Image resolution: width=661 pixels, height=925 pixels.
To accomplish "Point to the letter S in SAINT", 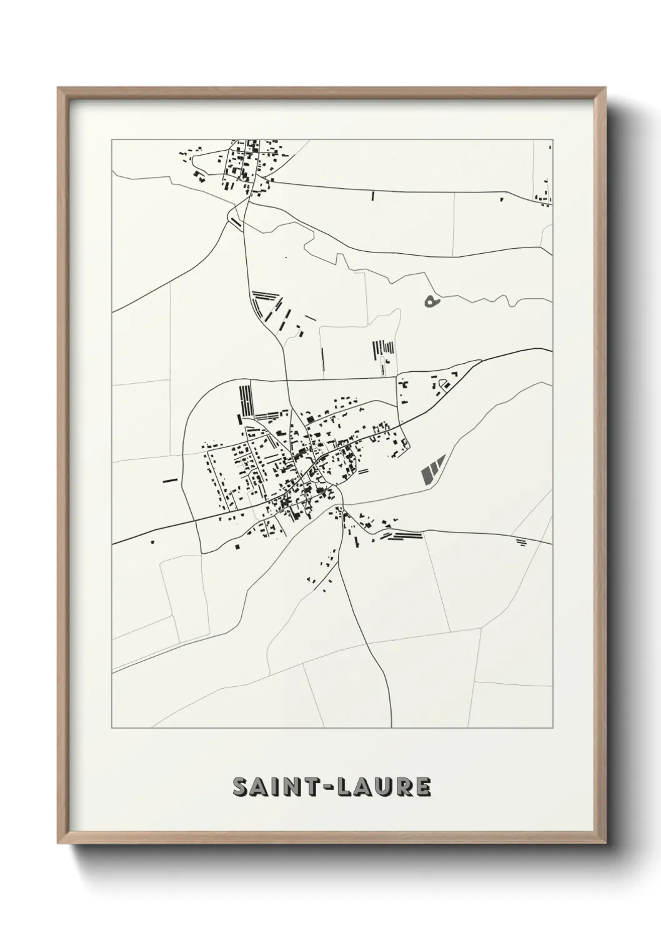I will [240, 787].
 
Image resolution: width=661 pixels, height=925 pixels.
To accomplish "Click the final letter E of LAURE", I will [423, 787].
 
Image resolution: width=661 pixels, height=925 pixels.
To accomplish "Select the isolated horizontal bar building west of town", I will [169, 480].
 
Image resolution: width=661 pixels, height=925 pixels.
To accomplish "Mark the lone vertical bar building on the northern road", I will [372, 196].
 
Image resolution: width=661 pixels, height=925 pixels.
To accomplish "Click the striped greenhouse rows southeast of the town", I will [404, 536].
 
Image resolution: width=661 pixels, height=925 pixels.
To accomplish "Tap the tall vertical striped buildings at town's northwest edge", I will [246, 399].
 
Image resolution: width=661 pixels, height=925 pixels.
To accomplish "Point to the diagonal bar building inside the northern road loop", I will [236, 221].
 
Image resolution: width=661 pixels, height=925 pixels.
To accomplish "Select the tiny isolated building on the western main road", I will [152, 542].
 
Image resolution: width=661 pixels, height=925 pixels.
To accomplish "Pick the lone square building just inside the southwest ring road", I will [237, 546].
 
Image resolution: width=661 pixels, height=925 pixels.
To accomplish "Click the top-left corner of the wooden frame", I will [58, 88].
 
